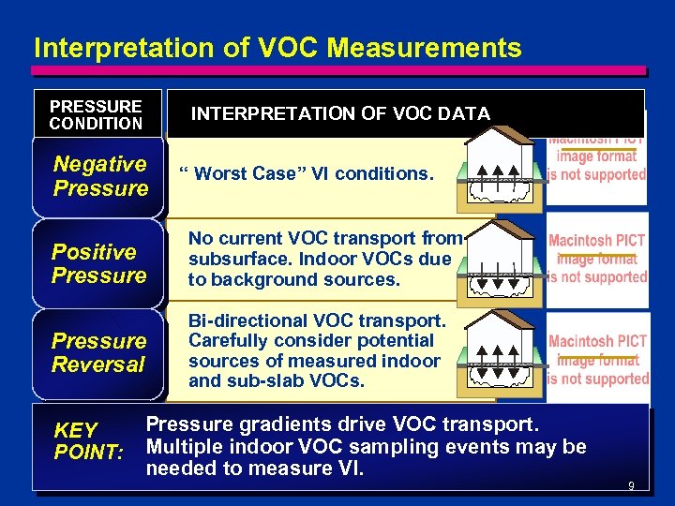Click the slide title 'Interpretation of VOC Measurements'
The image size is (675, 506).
277,48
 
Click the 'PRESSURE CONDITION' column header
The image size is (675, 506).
96,114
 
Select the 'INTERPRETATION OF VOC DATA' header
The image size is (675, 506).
340,113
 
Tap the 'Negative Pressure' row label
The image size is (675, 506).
100,176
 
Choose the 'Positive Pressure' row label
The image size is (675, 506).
98,263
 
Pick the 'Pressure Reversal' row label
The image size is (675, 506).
98,352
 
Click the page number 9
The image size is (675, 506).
631,486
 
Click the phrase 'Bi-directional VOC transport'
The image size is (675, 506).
315,320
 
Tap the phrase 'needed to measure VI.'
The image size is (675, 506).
254,468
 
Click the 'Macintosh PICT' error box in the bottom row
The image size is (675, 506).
598,360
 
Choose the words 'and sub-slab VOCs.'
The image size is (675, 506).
277,381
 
